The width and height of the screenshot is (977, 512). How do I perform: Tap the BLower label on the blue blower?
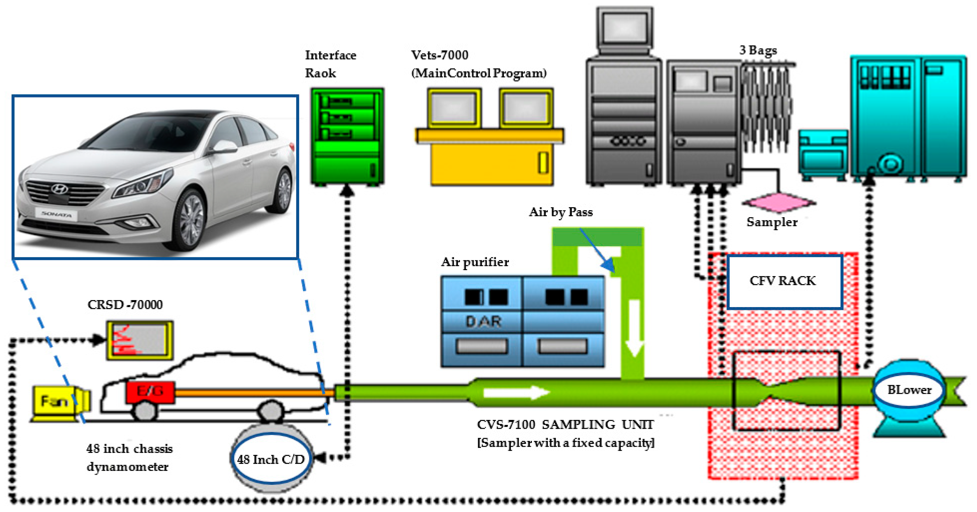point(909,390)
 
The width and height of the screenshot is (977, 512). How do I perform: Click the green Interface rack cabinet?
point(347,137)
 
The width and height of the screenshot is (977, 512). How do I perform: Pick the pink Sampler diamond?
point(779,202)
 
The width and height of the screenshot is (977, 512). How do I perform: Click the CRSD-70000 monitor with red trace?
point(140,340)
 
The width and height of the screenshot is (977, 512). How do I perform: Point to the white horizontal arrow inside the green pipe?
point(516,392)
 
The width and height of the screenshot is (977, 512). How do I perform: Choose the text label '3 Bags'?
point(758,50)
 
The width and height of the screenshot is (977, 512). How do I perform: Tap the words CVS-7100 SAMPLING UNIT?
point(565,424)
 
